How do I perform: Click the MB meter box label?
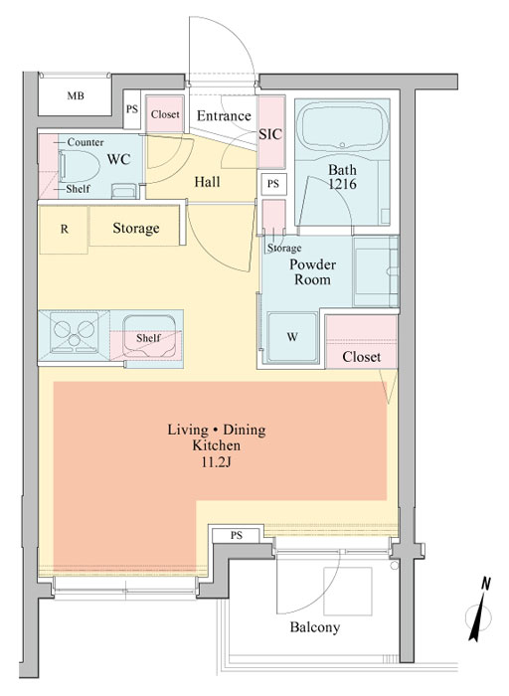click(x=76, y=95)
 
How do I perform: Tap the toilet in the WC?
click(x=79, y=166)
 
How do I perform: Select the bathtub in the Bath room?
click(x=342, y=124)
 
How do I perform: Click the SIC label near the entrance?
click(x=270, y=134)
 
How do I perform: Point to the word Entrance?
click(x=224, y=116)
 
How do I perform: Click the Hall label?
click(x=207, y=182)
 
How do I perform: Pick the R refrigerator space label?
click(x=65, y=229)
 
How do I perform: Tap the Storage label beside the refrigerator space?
click(x=136, y=228)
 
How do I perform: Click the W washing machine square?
click(x=292, y=337)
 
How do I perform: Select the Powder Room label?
click(x=312, y=271)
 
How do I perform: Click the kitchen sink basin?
click(x=149, y=336)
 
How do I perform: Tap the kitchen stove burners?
click(x=75, y=333)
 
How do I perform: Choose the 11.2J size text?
click(x=217, y=462)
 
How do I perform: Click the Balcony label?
click(x=315, y=627)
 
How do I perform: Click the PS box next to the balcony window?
click(x=236, y=535)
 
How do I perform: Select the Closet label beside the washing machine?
click(x=361, y=356)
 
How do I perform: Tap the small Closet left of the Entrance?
click(x=165, y=114)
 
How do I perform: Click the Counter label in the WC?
click(x=85, y=142)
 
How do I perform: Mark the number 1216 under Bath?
click(x=342, y=183)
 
